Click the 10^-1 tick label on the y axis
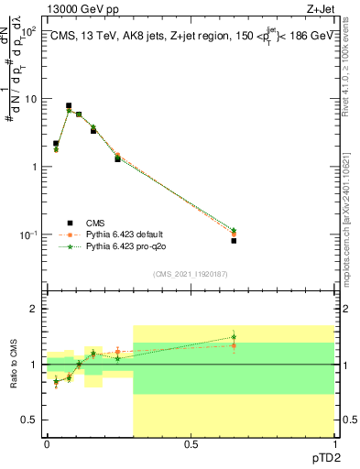[27, 235]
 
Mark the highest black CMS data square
[69, 106]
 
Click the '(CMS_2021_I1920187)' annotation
[190, 274]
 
